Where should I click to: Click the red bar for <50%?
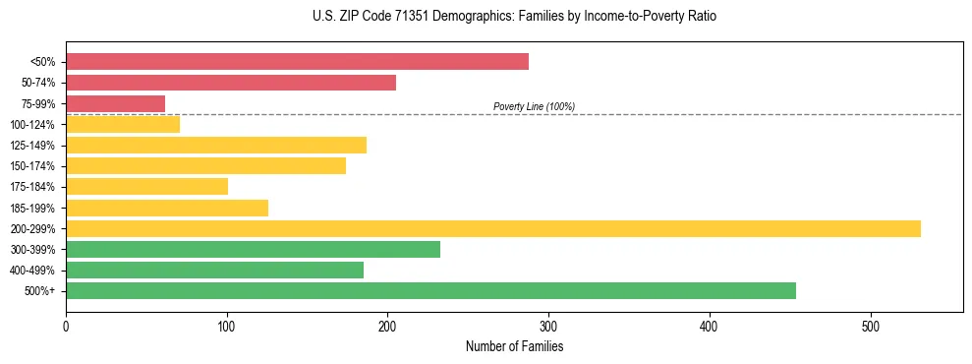point(297,62)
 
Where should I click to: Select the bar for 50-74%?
point(231,83)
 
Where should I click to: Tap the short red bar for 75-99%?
point(115,103)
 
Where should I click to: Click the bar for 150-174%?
point(205,166)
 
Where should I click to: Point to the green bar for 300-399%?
point(253,250)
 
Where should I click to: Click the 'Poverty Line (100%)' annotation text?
point(534,106)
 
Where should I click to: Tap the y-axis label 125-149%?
point(32,146)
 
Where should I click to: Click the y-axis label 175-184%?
point(32,187)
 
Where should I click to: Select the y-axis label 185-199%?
point(32,209)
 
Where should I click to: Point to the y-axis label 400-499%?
point(32,271)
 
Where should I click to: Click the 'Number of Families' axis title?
point(514,346)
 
